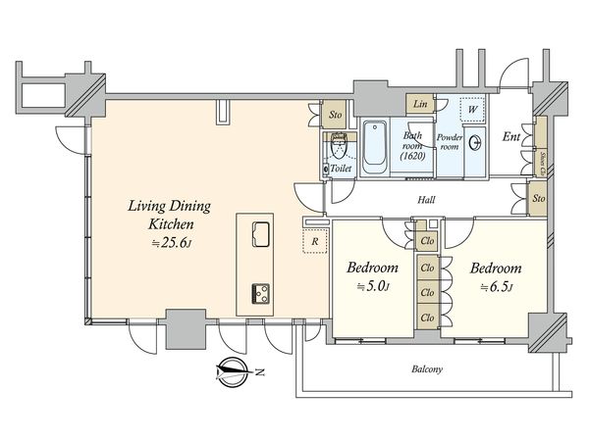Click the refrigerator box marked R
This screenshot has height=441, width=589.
pos(313,239)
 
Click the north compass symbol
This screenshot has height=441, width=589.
pos(233,371)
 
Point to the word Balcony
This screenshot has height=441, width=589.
pos(427,369)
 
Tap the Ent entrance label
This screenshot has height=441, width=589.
pos(510,138)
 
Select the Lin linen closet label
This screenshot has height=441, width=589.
pos(420,103)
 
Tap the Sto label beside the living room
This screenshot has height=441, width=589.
pos(335,115)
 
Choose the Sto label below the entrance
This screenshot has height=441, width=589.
pos(537,200)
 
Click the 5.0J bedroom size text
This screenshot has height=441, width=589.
pos(372,287)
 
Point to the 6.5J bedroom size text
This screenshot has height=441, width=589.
pos(495,287)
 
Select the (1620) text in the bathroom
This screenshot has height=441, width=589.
pos(411,156)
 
